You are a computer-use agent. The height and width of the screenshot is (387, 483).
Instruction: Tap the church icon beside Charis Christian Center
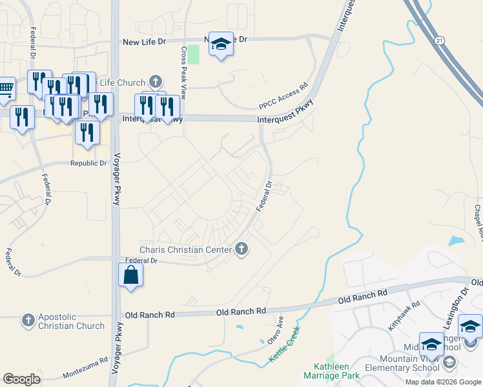pos(241,249)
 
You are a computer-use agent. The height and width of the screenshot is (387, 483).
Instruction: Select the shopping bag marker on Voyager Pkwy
pos(130,275)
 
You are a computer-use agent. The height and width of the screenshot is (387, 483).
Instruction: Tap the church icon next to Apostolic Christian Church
pos(28,321)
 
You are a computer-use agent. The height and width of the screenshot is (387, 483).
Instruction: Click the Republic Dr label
pos(88,163)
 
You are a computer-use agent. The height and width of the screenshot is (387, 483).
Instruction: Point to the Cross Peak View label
pos(183,72)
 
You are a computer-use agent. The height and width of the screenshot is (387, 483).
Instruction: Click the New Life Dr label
pos(145,42)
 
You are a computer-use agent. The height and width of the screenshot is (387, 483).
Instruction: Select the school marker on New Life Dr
pos(221,45)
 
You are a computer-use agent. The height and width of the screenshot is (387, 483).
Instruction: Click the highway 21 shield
pos(440,41)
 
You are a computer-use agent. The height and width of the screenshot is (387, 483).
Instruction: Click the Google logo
pos(21,379)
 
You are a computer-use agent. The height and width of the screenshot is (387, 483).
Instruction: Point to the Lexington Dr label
pos(457,302)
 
